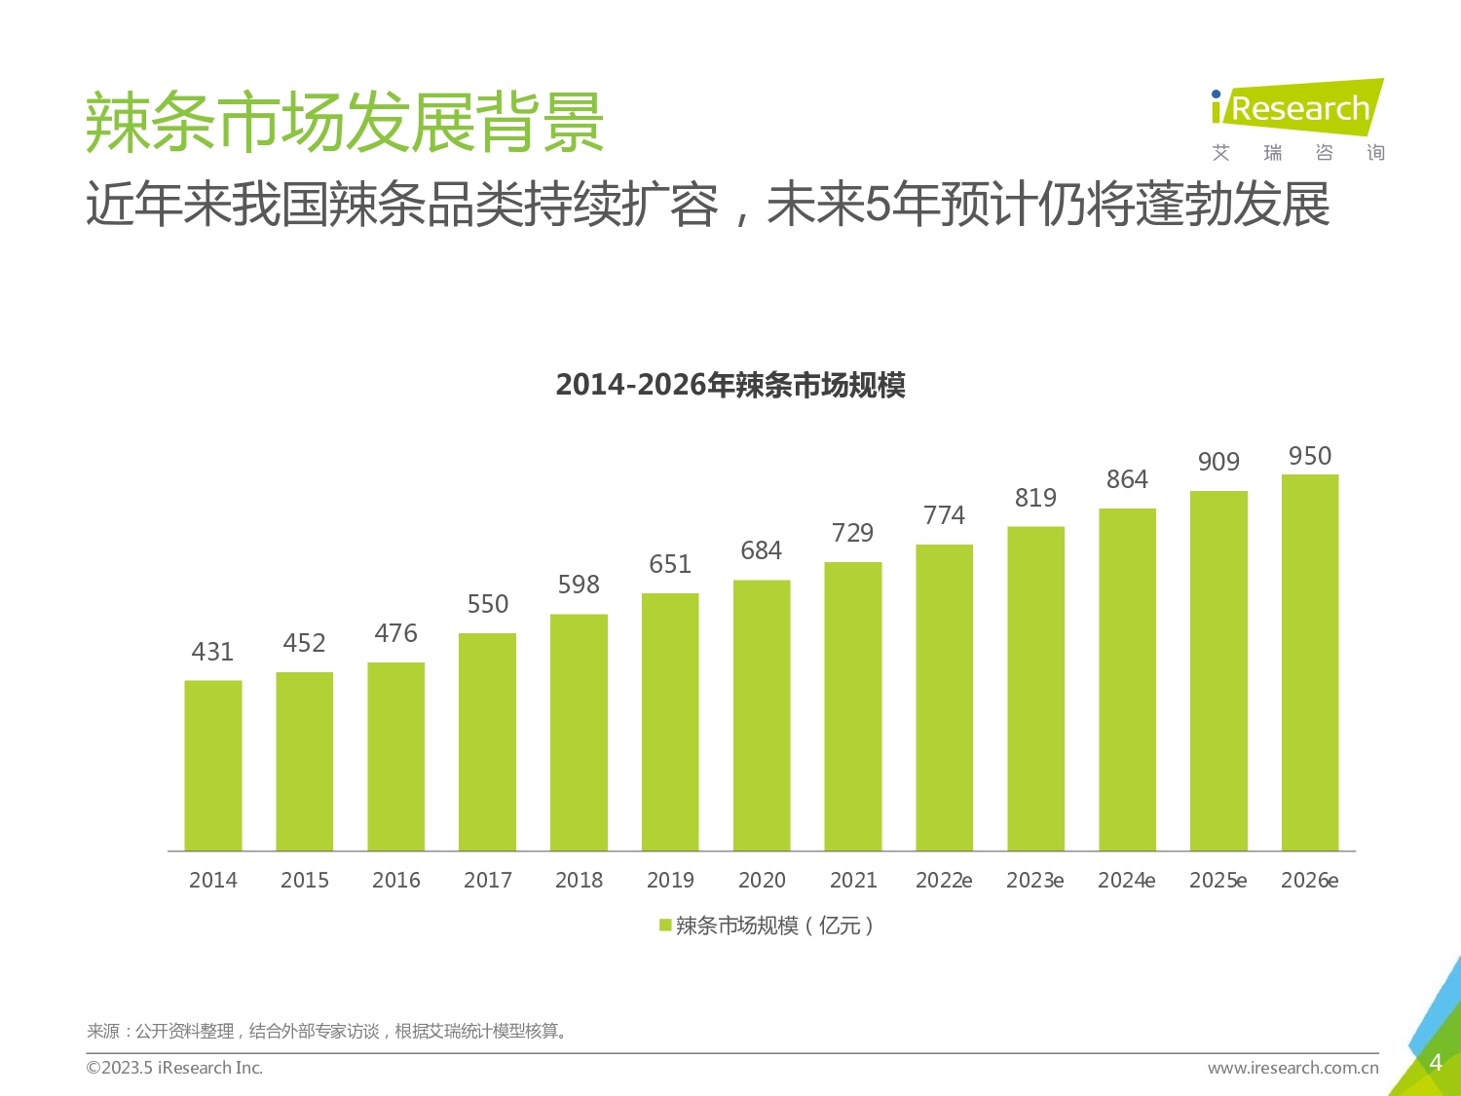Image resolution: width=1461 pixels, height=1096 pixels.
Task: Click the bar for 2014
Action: [x=213, y=766]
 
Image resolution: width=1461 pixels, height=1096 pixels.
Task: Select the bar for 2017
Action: [x=487, y=742]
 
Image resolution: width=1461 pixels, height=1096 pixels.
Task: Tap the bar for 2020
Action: [x=762, y=715]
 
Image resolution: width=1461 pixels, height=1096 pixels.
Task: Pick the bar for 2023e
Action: [x=1035, y=689]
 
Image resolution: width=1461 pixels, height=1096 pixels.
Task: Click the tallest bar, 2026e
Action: [x=1310, y=662]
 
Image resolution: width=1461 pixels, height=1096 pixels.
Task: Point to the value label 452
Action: [x=304, y=643]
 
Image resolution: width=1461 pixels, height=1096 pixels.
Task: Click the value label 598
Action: [x=579, y=585]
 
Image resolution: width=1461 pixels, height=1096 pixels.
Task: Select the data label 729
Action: [x=852, y=533]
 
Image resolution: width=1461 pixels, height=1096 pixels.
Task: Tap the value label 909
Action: [x=1218, y=462]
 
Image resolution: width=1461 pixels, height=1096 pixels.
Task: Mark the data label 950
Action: [x=1310, y=456]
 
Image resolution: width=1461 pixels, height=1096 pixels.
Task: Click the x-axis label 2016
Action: [x=395, y=881]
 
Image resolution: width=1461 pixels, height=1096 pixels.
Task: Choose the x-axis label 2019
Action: [x=670, y=881]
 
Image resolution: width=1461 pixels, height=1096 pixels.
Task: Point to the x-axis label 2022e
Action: [x=944, y=881]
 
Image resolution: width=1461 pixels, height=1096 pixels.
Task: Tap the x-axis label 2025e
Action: [x=1217, y=881]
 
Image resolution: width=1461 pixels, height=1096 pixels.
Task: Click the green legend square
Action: [x=665, y=926]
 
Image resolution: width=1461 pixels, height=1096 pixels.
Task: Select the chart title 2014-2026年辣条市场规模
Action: [x=730, y=386]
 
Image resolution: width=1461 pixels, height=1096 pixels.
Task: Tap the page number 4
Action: [x=1435, y=1063]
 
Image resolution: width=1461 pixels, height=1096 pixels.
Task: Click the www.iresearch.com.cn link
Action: [x=1292, y=1068]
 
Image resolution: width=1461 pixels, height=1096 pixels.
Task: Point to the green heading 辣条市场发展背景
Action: [x=345, y=123]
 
